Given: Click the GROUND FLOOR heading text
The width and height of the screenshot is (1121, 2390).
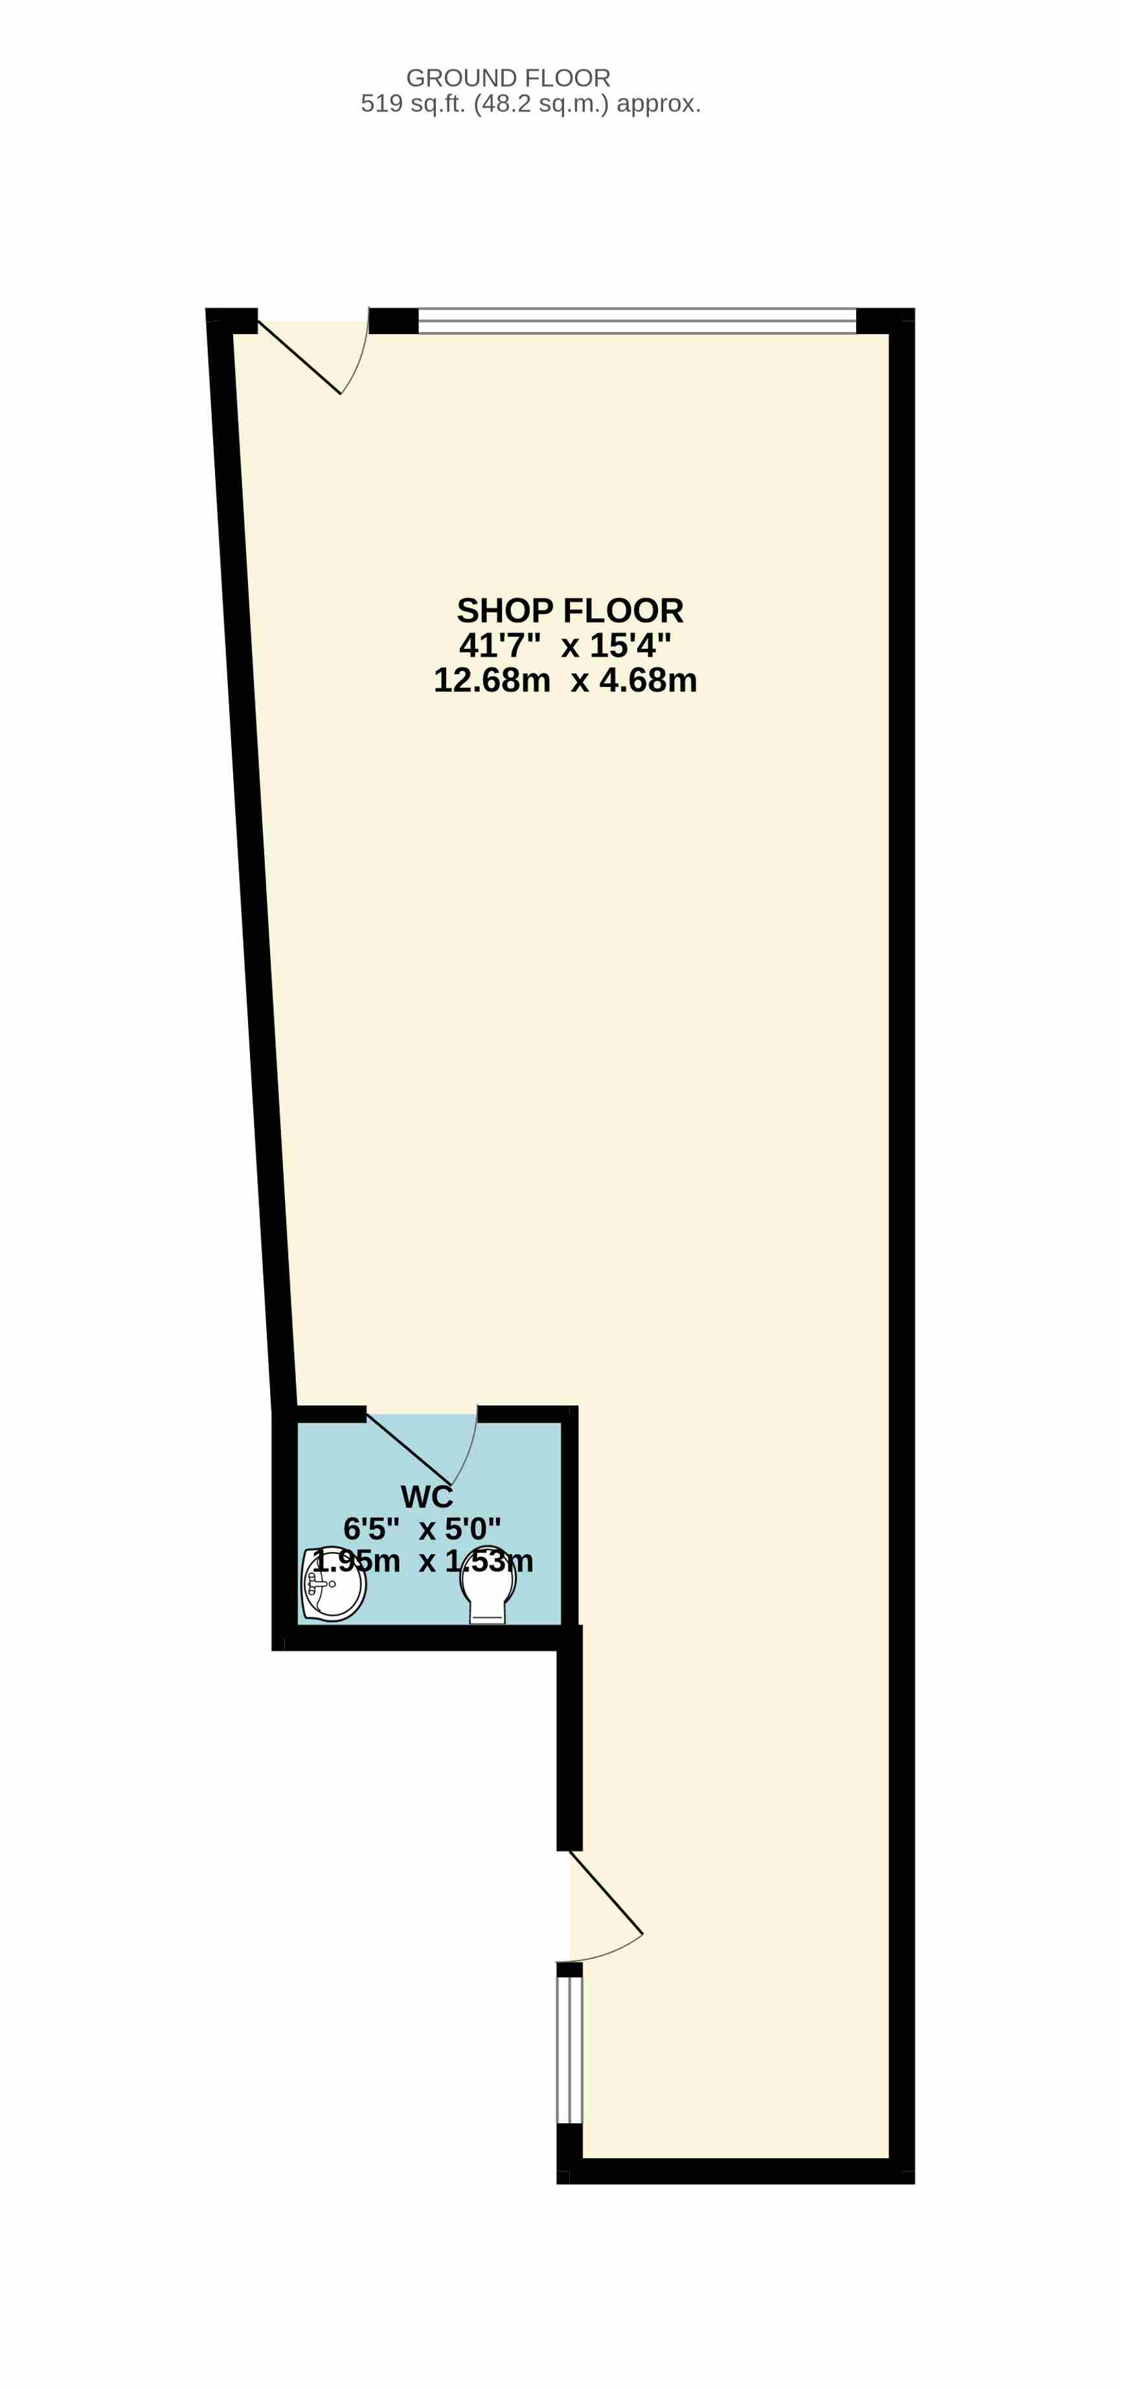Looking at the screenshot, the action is [x=508, y=78].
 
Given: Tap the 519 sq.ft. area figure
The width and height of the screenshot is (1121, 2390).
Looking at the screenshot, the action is [x=414, y=104].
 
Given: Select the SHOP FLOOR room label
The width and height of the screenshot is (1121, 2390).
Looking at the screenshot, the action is [x=570, y=611].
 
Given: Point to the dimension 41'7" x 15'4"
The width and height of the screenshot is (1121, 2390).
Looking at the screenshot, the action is [x=565, y=645].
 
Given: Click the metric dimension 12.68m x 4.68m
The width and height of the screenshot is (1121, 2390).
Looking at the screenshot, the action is [x=565, y=680].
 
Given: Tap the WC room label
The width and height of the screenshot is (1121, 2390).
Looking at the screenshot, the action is [x=427, y=1496].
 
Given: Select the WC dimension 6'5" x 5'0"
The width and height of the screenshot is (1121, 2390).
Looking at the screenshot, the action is [x=422, y=1528].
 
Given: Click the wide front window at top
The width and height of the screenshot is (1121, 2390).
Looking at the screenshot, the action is [x=637, y=320].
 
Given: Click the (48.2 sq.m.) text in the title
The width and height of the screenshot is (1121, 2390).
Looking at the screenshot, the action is [x=541, y=104].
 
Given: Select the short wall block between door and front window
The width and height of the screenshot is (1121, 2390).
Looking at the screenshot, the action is [x=394, y=320].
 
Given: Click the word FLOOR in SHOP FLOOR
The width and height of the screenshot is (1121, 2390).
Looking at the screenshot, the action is [x=623, y=611].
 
